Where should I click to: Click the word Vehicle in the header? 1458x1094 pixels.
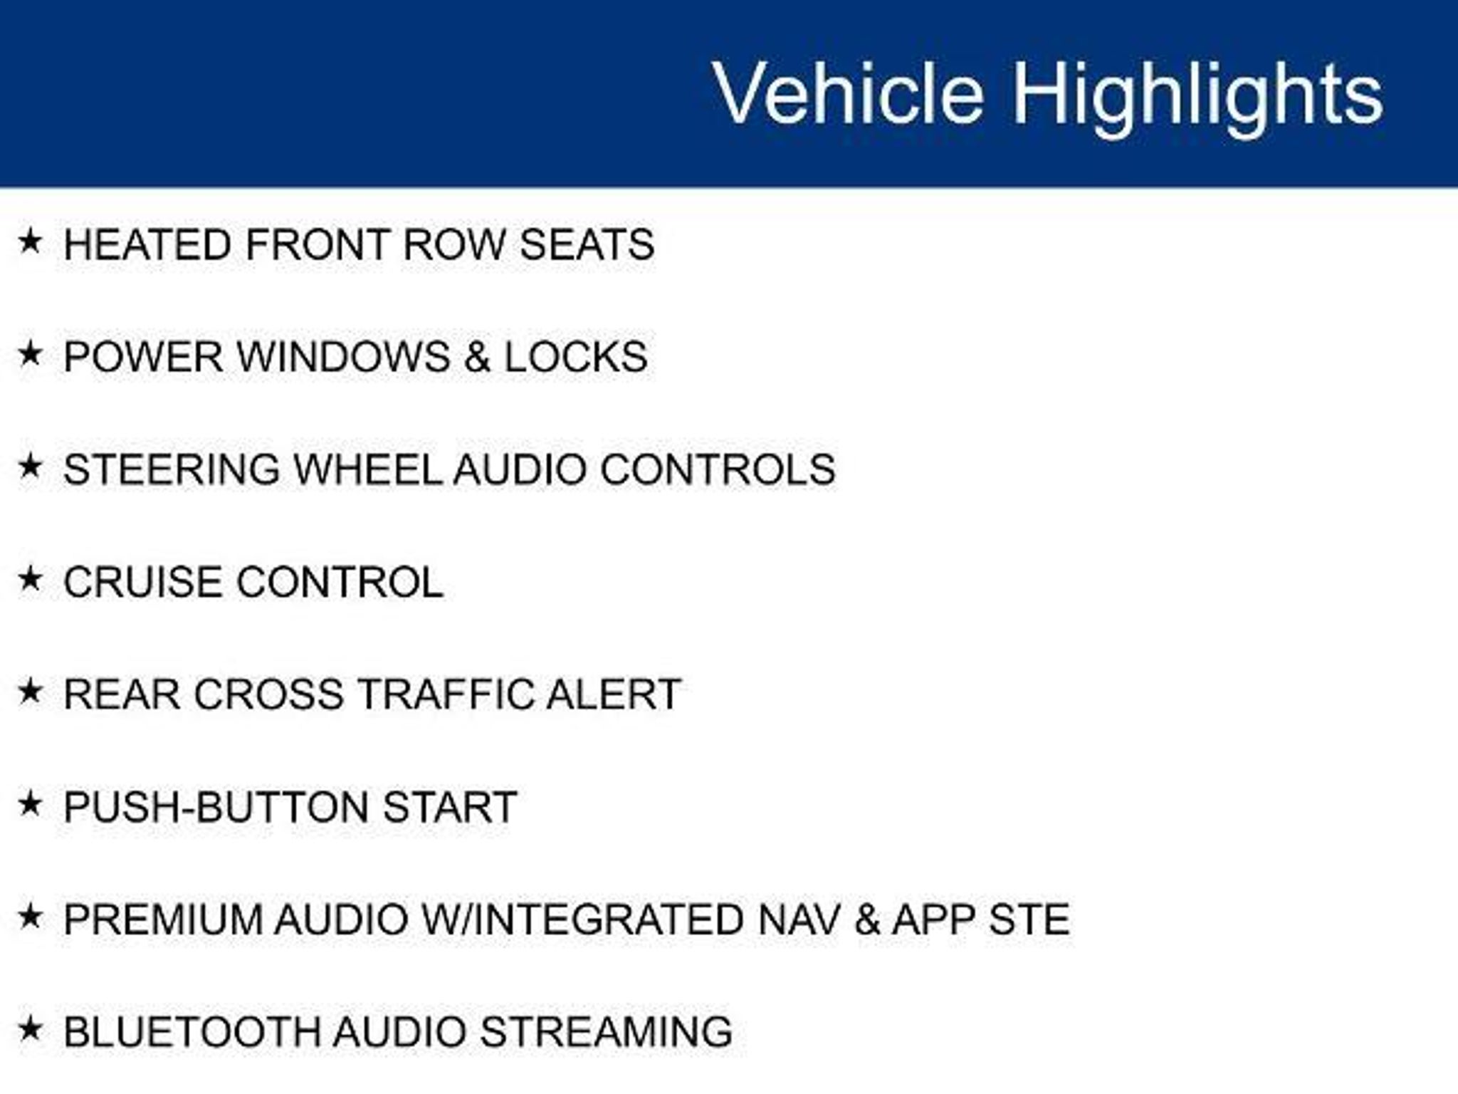click(849, 93)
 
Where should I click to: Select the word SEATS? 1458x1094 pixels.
click(587, 244)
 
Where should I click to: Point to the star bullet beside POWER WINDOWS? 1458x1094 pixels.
click(31, 353)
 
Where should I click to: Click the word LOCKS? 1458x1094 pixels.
click(576, 357)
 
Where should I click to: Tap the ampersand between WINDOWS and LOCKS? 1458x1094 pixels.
click(477, 357)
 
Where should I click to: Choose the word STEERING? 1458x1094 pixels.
click(172, 469)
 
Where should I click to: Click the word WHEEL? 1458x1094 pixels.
click(368, 469)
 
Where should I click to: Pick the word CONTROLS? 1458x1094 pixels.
click(718, 469)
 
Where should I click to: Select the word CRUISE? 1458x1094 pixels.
click(142, 582)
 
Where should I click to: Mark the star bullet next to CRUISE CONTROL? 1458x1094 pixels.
click(31, 578)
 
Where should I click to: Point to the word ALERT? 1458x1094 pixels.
click(614, 694)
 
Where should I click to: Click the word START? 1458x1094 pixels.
click(450, 807)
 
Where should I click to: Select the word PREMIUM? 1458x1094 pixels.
click(163, 920)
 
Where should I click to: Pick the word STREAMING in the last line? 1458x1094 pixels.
click(607, 1032)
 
